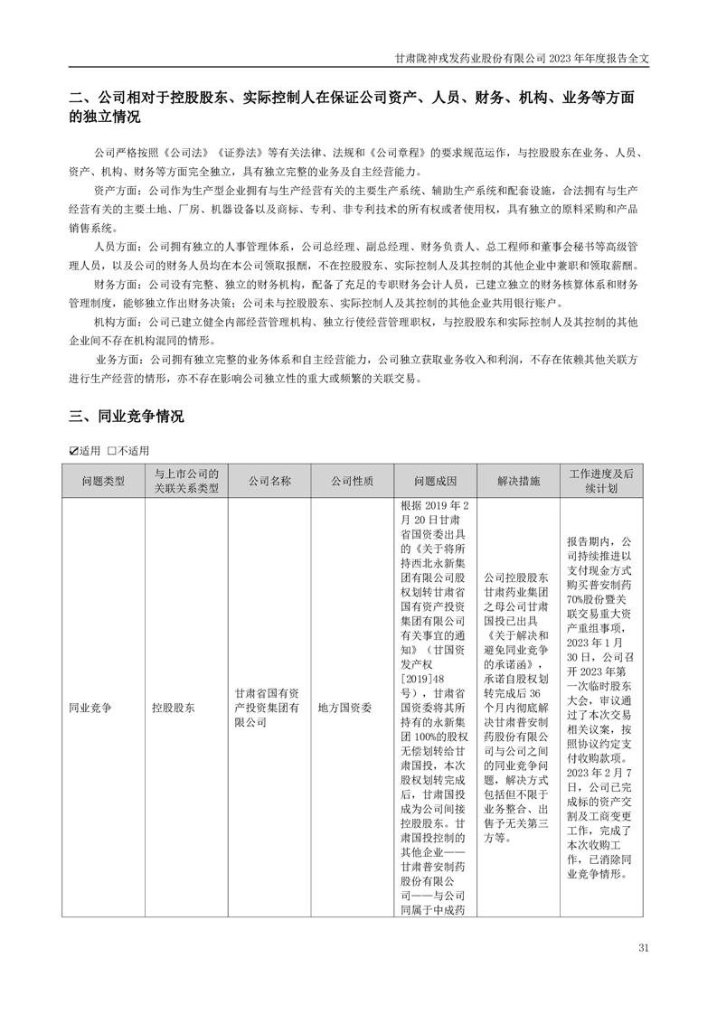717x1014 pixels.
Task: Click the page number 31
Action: tap(644, 947)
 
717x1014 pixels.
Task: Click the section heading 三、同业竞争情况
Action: tap(127, 417)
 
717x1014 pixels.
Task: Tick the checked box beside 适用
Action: tap(74, 451)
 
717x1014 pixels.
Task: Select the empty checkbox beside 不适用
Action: tap(111, 451)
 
